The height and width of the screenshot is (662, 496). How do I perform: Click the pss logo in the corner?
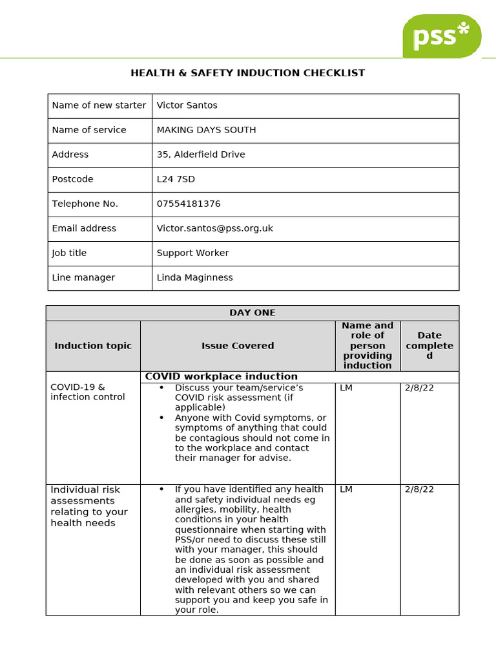pyautogui.click(x=442, y=36)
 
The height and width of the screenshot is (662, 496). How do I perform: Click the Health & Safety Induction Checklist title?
pyautogui.click(x=247, y=73)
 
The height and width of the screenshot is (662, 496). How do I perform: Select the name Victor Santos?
pyautogui.click(x=187, y=105)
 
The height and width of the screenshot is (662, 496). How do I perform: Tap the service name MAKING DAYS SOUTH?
pyautogui.click(x=206, y=130)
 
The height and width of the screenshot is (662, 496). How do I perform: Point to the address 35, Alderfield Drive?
pyautogui.click(x=201, y=155)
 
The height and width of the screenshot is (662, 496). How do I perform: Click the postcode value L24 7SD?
pyautogui.click(x=176, y=179)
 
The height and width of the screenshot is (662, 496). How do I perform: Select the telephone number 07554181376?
pyautogui.click(x=189, y=204)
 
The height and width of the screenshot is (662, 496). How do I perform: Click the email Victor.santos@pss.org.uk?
pyautogui.click(x=215, y=228)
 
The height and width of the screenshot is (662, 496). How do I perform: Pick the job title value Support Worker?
pyautogui.click(x=192, y=253)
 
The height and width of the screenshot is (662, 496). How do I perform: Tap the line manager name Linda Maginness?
pyautogui.click(x=194, y=277)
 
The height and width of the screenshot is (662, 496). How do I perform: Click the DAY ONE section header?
pyautogui.click(x=252, y=313)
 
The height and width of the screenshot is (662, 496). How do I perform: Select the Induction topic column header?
pyautogui.click(x=93, y=346)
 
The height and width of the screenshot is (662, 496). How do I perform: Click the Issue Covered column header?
pyautogui.click(x=238, y=346)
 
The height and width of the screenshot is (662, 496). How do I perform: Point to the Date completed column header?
pyautogui.click(x=429, y=345)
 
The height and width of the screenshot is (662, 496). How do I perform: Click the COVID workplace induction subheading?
pyautogui.click(x=222, y=376)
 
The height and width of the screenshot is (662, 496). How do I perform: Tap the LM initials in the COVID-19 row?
pyautogui.click(x=346, y=387)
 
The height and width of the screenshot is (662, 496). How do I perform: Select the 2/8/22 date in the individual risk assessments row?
pyautogui.click(x=419, y=489)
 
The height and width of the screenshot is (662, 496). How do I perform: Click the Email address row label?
pyautogui.click(x=84, y=228)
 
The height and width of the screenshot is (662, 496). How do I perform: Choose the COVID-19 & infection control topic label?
pyautogui.click(x=88, y=392)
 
